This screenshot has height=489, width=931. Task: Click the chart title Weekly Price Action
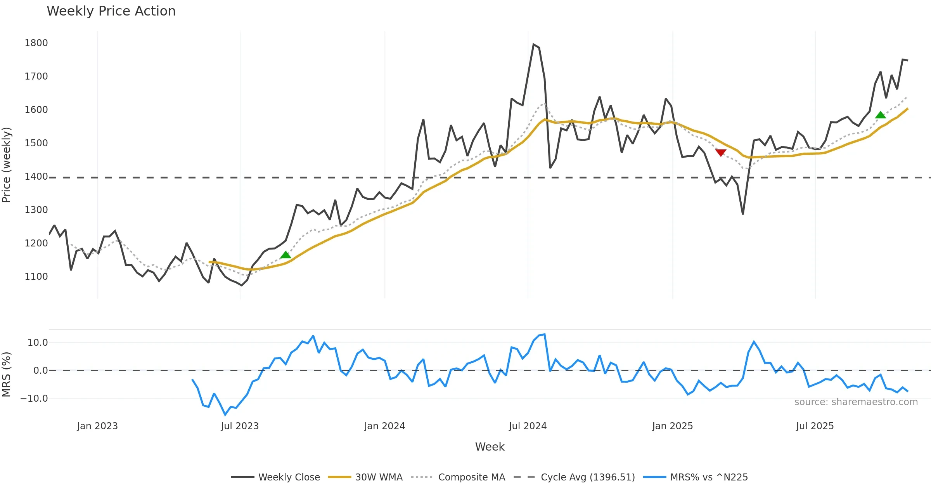(x=111, y=11)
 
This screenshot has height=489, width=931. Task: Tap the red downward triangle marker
(x=721, y=153)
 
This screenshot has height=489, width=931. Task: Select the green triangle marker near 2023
(x=286, y=255)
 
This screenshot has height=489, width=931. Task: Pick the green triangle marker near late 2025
(x=881, y=115)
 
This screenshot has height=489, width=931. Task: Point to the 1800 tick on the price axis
(x=36, y=43)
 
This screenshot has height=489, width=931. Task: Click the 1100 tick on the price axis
(x=36, y=277)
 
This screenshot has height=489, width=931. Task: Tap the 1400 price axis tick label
(x=36, y=177)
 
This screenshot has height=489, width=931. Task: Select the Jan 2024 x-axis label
(x=384, y=426)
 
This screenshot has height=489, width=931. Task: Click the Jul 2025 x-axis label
(x=815, y=426)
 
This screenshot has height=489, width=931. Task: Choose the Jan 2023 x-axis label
(x=97, y=426)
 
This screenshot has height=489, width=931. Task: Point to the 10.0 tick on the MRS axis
(x=38, y=343)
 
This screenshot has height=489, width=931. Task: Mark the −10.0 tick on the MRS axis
(x=35, y=399)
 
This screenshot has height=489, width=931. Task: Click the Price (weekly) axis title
(x=7, y=165)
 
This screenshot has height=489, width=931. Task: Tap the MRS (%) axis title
(x=7, y=375)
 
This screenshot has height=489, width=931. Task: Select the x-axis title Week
(x=490, y=447)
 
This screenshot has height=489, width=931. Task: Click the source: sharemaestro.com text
(x=856, y=402)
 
